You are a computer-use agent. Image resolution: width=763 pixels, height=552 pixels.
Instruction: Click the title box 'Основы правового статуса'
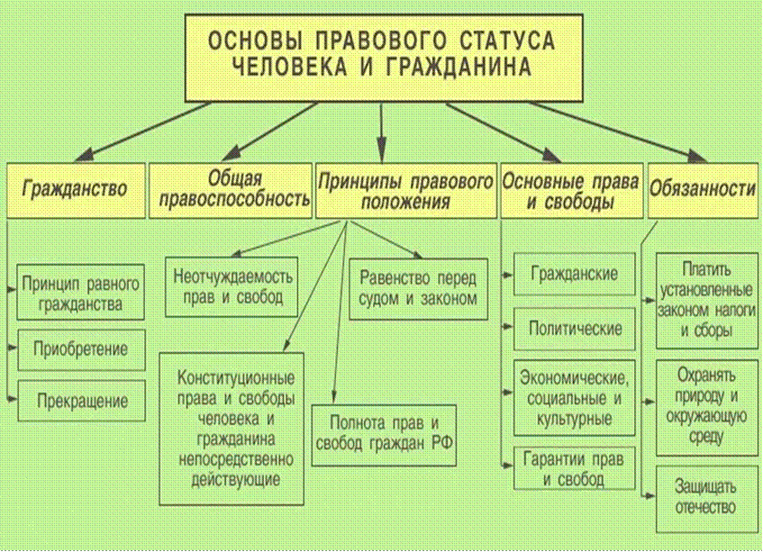tap(384, 58)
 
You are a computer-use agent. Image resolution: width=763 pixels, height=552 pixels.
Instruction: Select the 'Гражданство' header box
tap(76, 190)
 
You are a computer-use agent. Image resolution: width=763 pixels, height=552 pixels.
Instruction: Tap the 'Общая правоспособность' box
tap(231, 190)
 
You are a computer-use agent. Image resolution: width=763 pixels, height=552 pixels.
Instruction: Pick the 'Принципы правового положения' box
tap(406, 190)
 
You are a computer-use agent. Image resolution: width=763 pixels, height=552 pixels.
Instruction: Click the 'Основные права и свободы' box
tap(572, 190)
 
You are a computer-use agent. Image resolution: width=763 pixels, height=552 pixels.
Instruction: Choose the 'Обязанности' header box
tap(704, 190)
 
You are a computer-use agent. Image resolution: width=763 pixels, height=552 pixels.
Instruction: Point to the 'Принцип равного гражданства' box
tap(81, 293)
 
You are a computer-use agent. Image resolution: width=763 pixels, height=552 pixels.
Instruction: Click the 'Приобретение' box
tap(81, 349)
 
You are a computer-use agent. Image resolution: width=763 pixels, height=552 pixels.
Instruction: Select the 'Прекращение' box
tap(81, 401)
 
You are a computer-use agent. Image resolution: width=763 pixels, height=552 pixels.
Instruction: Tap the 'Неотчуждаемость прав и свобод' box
tap(232, 287)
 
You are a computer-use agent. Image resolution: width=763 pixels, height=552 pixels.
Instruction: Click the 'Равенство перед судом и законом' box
tap(419, 289)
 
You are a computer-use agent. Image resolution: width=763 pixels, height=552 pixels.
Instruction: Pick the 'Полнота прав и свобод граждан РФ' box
tap(384, 435)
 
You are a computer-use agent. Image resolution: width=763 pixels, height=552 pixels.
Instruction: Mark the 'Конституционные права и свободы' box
tap(232, 429)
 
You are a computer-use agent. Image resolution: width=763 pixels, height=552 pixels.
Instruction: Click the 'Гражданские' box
tap(574, 274)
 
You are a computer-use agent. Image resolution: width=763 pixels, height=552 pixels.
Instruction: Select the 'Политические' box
tap(574, 329)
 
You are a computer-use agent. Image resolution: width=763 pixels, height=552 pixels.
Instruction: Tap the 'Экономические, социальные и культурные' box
tap(574, 398)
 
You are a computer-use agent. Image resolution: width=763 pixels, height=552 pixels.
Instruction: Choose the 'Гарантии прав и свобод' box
tap(574, 468)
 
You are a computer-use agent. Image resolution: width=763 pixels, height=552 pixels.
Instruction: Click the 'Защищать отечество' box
tap(707, 499)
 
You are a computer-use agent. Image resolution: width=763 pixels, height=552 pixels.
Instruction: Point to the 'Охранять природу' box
tap(707, 408)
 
